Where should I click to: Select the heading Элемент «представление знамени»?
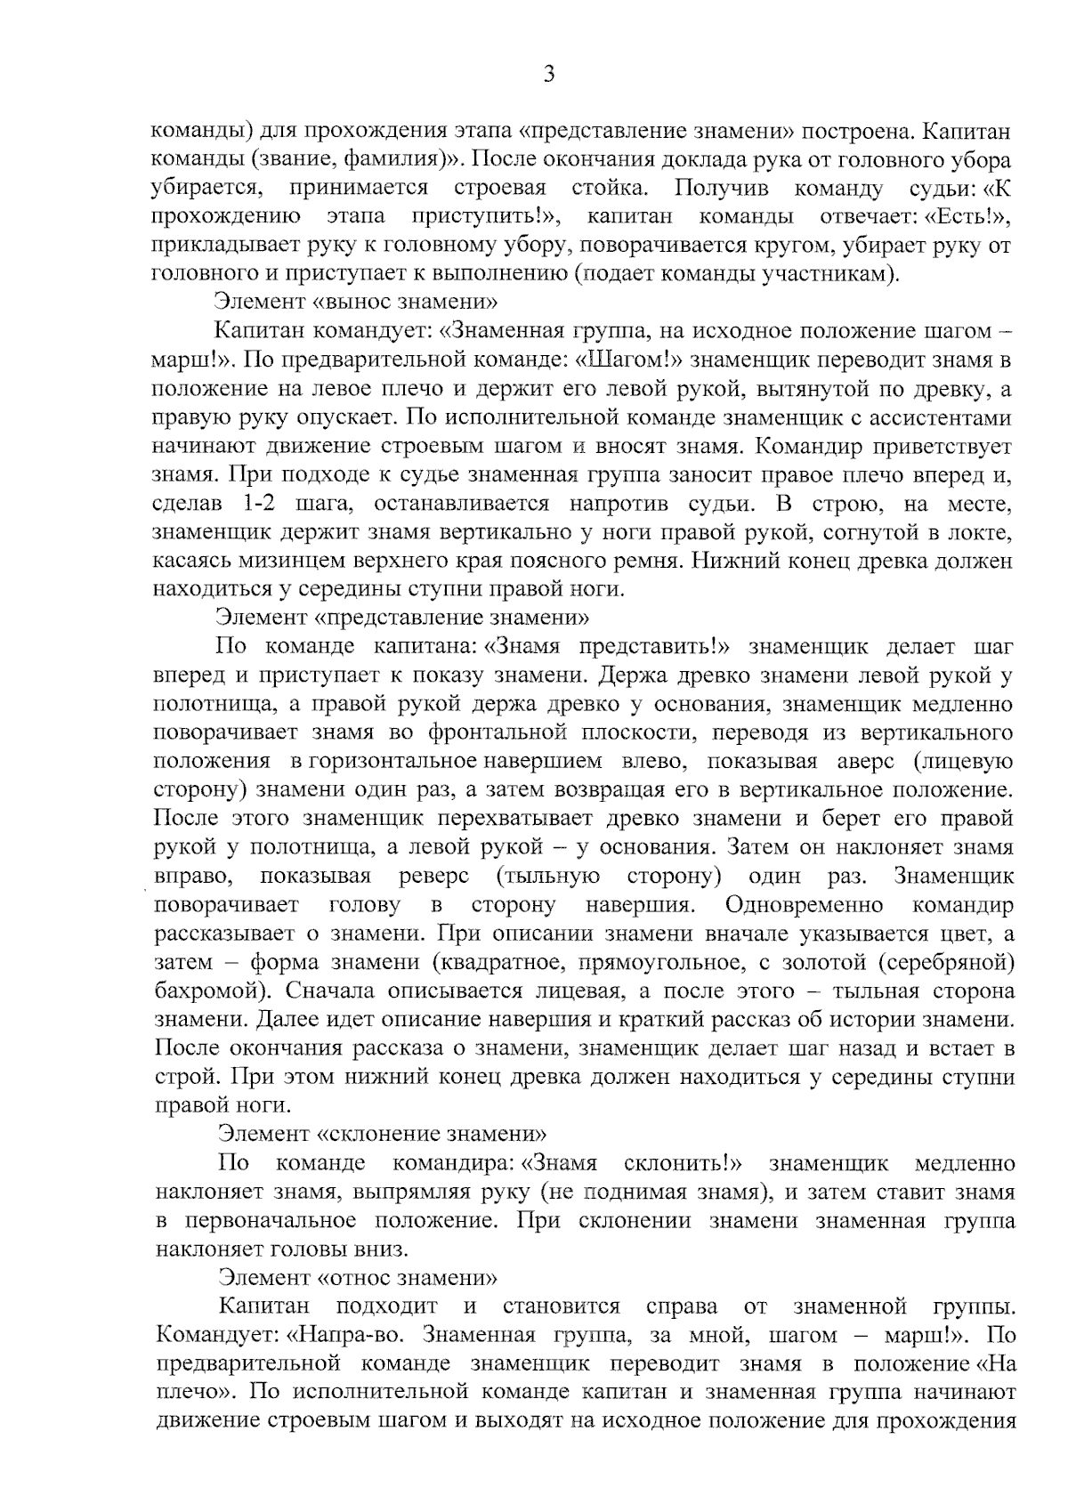(403, 617)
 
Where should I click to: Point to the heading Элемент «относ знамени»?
(357, 1278)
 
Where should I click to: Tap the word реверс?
(434, 877)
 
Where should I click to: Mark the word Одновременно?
(805, 905)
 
